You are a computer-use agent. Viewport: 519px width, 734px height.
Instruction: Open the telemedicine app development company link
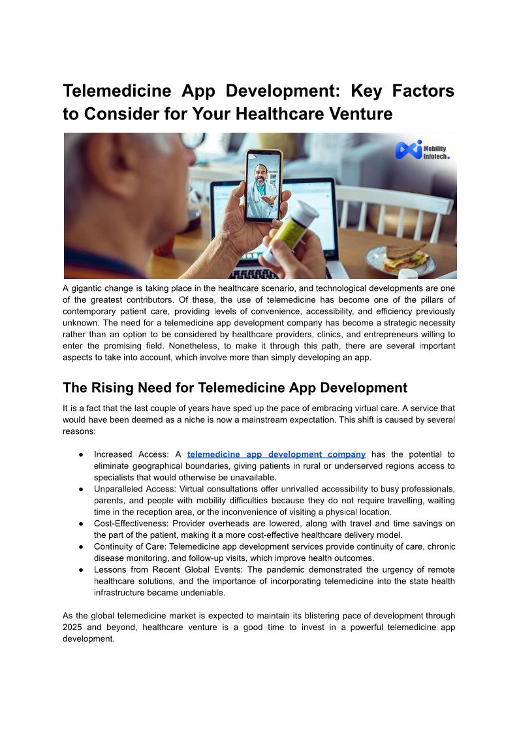pyautogui.click(x=276, y=454)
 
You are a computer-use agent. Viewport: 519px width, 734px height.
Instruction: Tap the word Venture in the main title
pyautogui.click(x=360, y=114)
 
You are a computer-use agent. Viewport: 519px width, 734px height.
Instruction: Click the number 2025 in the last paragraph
pyautogui.click(x=73, y=627)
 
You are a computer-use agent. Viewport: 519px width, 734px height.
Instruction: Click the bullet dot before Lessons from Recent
pyautogui.click(x=80, y=570)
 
